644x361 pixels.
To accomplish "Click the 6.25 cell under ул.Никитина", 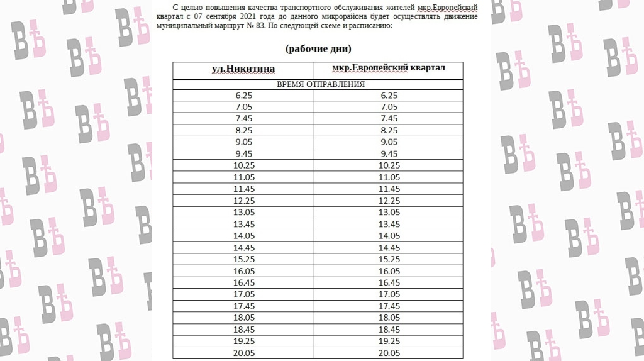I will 243,96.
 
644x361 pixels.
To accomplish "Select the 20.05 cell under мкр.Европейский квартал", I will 389,353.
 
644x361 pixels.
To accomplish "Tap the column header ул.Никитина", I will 243,69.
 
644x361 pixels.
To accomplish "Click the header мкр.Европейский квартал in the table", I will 389,68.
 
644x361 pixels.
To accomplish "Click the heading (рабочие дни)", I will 318,48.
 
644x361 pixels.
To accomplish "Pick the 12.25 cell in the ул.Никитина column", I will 243,201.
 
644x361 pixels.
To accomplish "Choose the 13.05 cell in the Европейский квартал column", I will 389,213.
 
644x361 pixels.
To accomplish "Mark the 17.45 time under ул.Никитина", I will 243,306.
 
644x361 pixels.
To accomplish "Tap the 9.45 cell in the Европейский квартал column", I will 389,154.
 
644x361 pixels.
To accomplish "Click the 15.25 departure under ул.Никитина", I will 243,259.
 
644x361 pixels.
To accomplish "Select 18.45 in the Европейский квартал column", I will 389,330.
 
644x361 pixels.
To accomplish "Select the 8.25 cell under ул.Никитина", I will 243,130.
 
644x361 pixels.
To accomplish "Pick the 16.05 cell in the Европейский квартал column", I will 389,271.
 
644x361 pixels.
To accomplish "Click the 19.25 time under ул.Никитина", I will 243,341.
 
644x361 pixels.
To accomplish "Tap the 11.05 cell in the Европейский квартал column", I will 389,177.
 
